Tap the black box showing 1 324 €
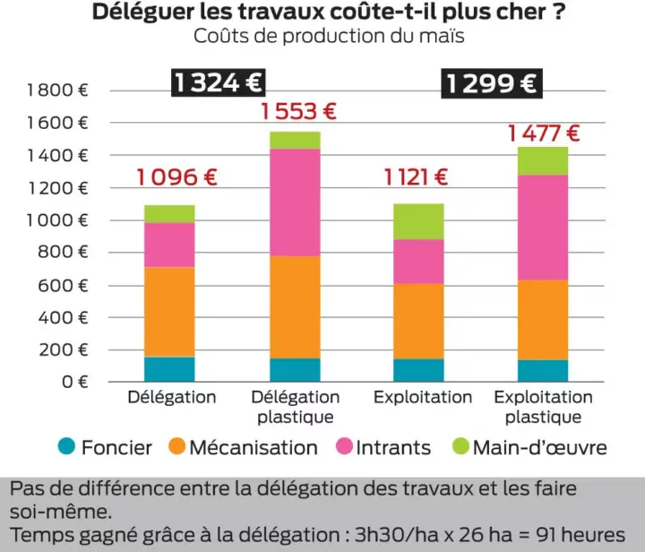218,83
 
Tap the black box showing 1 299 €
492,83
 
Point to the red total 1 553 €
298,112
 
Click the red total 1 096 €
177,177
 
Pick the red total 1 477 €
544,134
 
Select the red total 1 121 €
416,177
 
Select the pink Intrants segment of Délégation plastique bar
295,203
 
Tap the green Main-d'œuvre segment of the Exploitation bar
418,221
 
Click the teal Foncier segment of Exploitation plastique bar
543,371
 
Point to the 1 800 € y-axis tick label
57,90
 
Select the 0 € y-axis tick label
75,383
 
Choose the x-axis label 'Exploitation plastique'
543,407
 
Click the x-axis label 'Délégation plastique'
296,407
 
